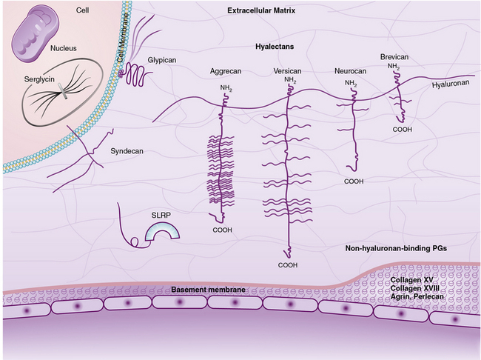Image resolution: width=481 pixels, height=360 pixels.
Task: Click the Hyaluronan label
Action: click(451, 85)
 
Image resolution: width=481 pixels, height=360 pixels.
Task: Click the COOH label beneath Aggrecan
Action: click(223, 230)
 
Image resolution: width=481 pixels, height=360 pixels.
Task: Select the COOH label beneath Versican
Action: click(288, 264)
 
